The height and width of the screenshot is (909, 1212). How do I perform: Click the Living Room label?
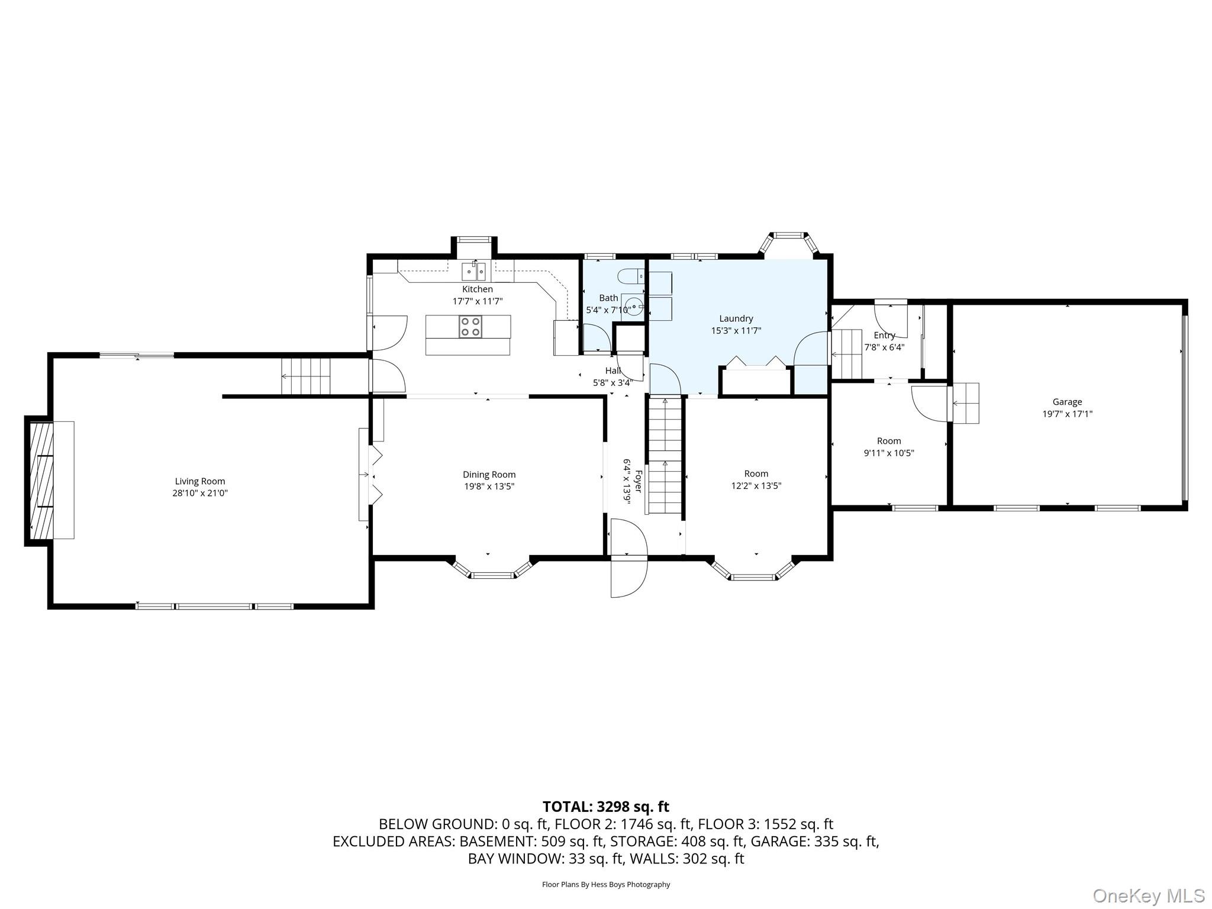coord(200,481)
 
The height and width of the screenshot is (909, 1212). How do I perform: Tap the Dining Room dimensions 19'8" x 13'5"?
coord(489,486)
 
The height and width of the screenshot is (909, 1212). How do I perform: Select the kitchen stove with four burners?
coord(471,327)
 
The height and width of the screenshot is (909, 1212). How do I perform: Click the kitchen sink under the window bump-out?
coord(474,272)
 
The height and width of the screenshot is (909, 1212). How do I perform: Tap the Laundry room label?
coord(736,318)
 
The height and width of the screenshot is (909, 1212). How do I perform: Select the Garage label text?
coord(1067,402)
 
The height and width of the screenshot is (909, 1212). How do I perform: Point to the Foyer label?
coord(638,481)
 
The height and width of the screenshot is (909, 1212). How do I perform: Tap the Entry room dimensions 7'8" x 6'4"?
coord(884,347)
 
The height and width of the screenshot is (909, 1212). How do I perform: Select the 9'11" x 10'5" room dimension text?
coord(889,453)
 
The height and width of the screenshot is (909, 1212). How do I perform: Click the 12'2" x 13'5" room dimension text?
coord(756,486)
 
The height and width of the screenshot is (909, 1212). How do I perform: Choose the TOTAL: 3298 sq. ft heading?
coord(605,807)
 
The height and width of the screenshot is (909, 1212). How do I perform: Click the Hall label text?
coord(613,370)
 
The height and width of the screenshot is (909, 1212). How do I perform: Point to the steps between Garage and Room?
coord(965,403)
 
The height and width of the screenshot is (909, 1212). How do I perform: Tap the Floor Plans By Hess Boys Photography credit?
coord(605,885)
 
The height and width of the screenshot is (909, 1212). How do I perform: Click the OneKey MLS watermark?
coord(1148,895)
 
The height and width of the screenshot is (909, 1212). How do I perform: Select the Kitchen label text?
coord(477,289)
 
